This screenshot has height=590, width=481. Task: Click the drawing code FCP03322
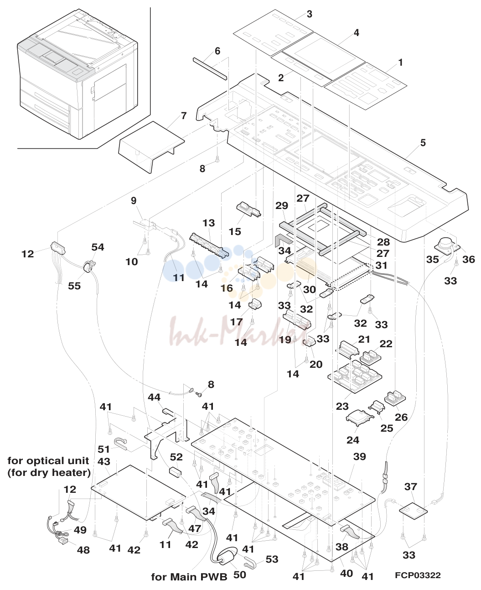pyautogui.click(x=418, y=575)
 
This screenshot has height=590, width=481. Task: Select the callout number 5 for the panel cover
pyautogui.click(x=423, y=143)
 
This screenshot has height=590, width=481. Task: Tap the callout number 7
pyautogui.click(x=184, y=116)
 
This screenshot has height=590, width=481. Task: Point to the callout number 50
pyautogui.click(x=239, y=574)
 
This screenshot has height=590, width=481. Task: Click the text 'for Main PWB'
pyautogui.click(x=189, y=577)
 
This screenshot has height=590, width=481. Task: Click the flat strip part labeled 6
pyautogui.click(x=210, y=69)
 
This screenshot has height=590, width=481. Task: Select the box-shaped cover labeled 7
pyautogui.click(x=151, y=146)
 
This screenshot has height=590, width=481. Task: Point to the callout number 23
pyautogui.click(x=342, y=406)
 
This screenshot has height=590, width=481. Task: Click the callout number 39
pyautogui.click(x=359, y=457)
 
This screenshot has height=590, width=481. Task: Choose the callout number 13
pyautogui.click(x=209, y=223)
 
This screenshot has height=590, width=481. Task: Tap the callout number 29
pyautogui.click(x=282, y=206)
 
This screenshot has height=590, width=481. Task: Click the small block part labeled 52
pyautogui.click(x=175, y=472)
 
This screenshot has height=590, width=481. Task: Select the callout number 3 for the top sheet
pyautogui.click(x=309, y=14)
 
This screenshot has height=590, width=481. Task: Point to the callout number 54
pyautogui.click(x=98, y=247)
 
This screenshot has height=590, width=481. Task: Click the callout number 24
pyautogui.click(x=353, y=440)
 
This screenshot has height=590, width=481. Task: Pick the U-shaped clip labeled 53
pyautogui.click(x=250, y=563)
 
